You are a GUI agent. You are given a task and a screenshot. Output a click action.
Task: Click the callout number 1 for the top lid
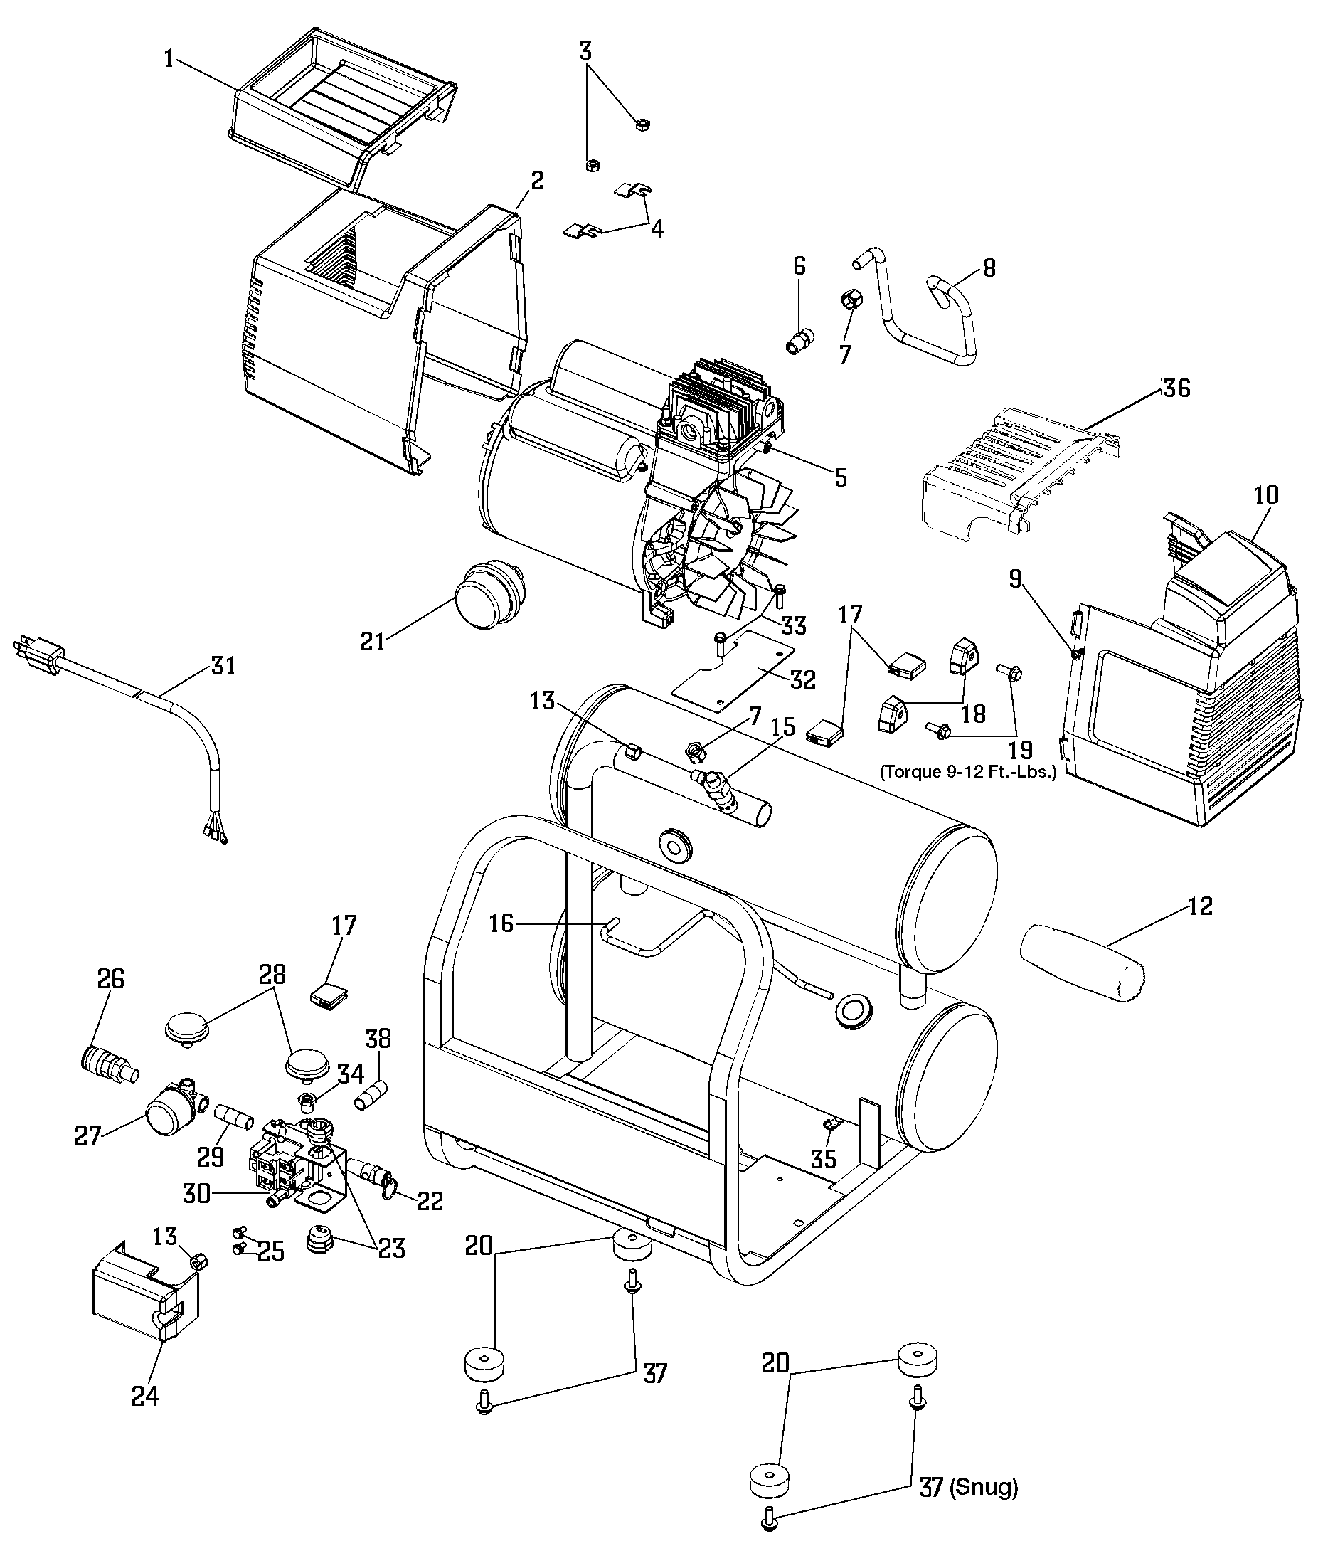(x=169, y=58)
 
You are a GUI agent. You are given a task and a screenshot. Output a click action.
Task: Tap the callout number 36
(x=1176, y=388)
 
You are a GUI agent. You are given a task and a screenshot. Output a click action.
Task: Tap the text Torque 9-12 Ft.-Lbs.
(x=969, y=771)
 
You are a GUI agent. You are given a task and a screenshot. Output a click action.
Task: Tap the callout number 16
(x=501, y=923)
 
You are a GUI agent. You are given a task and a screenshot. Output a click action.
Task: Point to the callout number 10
(x=1265, y=494)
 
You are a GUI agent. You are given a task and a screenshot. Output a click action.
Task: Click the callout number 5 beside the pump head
(x=841, y=477)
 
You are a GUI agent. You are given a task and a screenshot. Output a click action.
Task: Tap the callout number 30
(x=197, y=1194)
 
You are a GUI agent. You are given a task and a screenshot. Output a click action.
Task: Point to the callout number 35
(x=824, y=1159)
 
